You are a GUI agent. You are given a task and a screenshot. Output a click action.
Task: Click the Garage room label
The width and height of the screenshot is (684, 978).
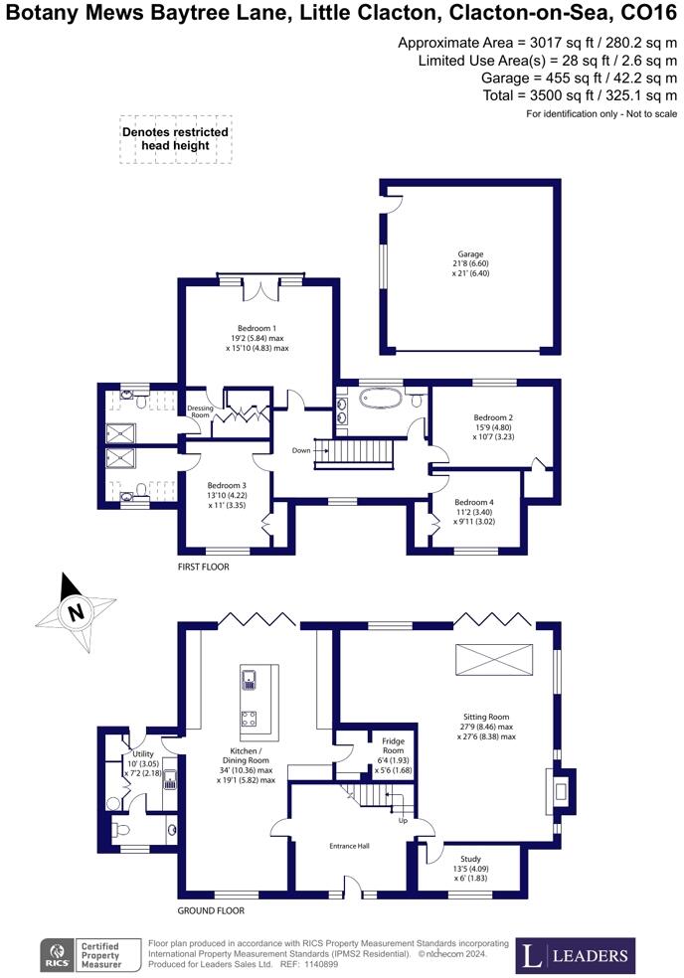pos(470,253)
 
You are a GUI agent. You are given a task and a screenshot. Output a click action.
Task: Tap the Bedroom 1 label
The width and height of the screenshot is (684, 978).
pos(256,328)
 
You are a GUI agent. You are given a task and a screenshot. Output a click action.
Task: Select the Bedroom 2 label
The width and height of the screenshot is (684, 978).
pos(493,417)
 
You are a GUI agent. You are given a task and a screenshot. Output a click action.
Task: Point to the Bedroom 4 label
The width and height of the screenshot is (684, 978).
pos(474,502)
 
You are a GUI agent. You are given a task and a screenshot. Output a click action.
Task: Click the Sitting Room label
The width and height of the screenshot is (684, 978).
pos(486,718)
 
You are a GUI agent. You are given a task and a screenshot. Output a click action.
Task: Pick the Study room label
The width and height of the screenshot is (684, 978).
pos(470,859)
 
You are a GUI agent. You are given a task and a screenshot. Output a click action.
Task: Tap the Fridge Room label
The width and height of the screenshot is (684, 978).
pos(393,745)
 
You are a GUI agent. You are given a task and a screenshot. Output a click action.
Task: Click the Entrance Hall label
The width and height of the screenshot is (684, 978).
pos(350,846)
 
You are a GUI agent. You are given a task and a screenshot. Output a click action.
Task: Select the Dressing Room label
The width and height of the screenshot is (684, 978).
pos(200,411)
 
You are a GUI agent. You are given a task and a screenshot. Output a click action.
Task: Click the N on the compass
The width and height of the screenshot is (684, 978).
pos(76,612)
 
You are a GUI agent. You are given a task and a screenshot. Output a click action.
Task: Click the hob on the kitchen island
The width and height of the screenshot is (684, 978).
pos(249,719)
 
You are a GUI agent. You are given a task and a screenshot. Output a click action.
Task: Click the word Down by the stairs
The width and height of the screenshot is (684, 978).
pos(301,450)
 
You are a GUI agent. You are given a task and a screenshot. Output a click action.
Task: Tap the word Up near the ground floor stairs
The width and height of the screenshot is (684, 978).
pos(403,820)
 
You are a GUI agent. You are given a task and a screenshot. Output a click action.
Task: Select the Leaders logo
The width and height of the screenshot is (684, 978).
pos(576,955)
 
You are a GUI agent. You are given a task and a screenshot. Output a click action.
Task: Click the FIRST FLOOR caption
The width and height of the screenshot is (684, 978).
pos(204,567)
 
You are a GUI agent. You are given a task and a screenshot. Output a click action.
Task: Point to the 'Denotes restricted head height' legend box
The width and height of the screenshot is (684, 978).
pos(175,139)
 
